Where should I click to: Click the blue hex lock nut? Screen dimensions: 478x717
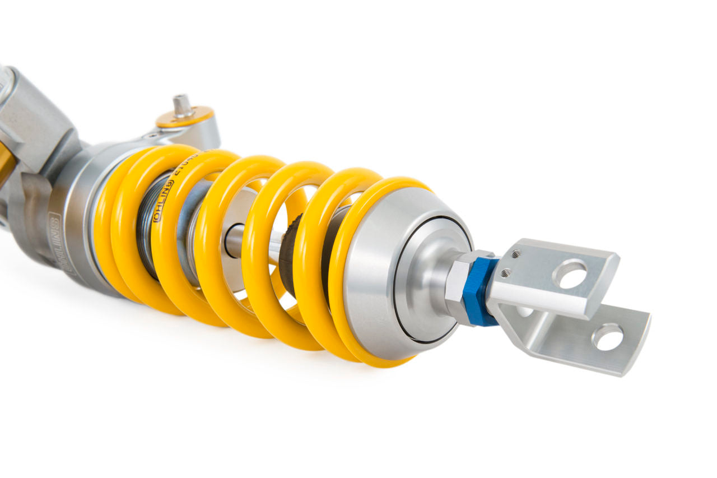[479, 292]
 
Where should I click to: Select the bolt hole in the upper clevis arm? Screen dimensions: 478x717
[569, 274]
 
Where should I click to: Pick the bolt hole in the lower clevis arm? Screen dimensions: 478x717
[607, 337]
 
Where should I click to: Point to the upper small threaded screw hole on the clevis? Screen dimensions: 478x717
[516, 254]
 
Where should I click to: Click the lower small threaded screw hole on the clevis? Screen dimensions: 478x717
[506, 273]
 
